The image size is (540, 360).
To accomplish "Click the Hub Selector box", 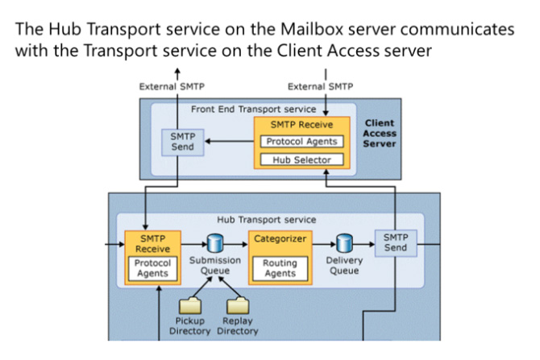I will click(302, 159).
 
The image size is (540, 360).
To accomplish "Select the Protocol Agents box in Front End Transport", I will click(302, 142).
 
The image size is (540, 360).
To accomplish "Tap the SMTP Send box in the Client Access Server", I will click(182, 142).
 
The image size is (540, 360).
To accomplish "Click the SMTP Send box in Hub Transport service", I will click(396, 242).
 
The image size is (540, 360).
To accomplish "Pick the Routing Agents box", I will click(280, 268).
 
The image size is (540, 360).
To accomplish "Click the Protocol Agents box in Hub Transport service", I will click(152, 268).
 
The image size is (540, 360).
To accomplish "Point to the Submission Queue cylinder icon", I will click(214, 242).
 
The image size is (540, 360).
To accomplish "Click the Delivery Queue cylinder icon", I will click(344, 242).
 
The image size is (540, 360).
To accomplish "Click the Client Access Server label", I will click(379, 134).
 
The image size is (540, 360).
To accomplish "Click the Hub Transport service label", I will click(266, 219).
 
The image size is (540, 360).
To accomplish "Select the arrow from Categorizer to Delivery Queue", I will click(322, 242).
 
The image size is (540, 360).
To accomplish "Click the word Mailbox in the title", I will click(303, 29).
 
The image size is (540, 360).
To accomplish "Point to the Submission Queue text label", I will click(214, 265).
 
